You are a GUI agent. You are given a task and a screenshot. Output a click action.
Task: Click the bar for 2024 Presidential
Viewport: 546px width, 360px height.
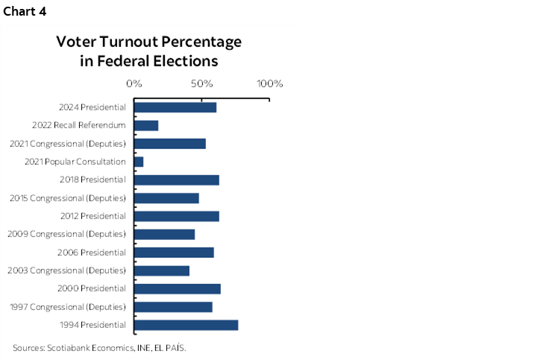(x=175, y=107)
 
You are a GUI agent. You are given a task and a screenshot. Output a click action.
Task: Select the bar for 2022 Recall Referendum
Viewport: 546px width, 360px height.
(x=146, y=125)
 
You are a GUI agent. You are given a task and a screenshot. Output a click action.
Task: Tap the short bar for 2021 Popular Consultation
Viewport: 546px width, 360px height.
(x=139, y=162)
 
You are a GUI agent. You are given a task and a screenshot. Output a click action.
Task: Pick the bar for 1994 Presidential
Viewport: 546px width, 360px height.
(x=186, y=325)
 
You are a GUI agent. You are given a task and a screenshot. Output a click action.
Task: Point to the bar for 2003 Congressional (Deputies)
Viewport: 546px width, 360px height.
(x=162, y=271)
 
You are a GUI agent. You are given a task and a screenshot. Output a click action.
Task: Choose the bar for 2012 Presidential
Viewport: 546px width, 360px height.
(x=177, y=216)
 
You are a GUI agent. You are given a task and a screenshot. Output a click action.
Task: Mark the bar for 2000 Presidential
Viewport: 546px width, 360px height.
(x=178, y=288)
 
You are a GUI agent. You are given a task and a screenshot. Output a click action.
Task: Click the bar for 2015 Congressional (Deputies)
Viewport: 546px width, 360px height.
(x=166, y=198)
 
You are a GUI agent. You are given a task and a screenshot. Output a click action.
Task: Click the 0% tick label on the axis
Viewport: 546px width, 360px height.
(x=134, y=83)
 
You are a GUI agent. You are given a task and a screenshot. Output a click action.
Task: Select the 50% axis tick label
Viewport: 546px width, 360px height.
(x=203, y=83)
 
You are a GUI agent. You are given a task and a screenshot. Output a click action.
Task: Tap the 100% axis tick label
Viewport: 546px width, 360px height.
(x=269, y=83)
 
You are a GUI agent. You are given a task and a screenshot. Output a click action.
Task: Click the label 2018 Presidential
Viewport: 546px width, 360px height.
(x=92, y=180)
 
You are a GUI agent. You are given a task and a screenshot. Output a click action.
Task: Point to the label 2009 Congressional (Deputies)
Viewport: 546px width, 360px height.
(x=66, y=234)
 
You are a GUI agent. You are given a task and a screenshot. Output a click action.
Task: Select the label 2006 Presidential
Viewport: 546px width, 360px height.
(x=92, y=253)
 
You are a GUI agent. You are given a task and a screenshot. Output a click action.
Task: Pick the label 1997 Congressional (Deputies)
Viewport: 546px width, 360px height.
(x=67, y=307)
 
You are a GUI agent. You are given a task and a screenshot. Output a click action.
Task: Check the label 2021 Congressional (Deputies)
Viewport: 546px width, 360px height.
(x=67, y=144)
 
